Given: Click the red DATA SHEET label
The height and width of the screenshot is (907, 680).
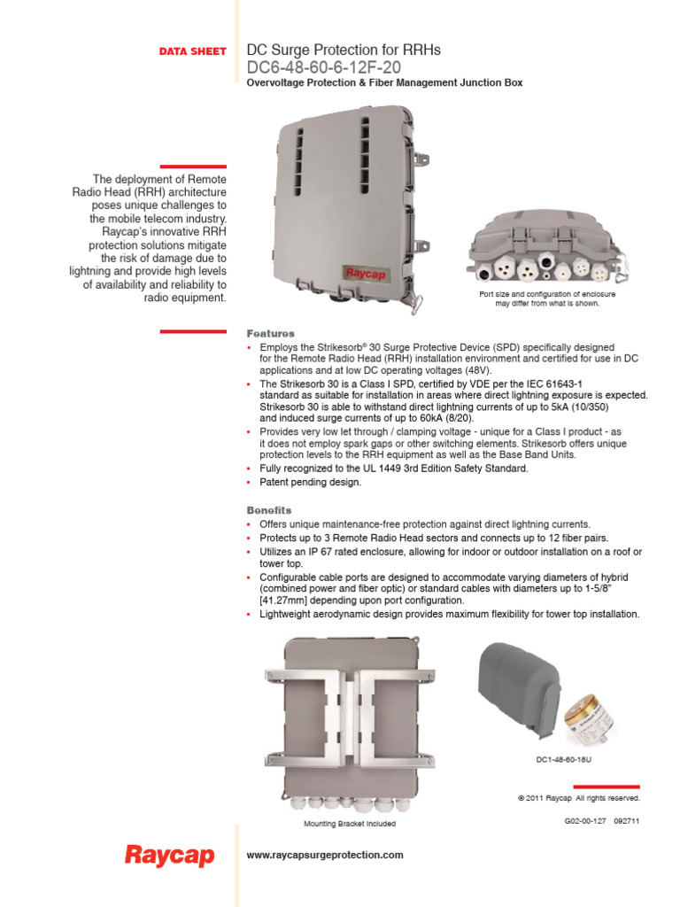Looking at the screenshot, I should (192, 52).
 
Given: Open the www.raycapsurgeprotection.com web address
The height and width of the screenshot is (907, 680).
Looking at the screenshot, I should (325, 855).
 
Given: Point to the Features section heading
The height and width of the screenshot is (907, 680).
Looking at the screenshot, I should (270, 333).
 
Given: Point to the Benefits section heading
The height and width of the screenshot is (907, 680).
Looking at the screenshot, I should (268, 510).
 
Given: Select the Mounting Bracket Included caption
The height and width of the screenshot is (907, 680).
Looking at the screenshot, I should (350, 823).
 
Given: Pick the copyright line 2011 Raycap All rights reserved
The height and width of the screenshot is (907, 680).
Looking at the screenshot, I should (578, 797).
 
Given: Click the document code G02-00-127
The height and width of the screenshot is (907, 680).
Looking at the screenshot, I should (585, 820).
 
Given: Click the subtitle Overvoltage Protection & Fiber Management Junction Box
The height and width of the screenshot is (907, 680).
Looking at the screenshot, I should (384, 83).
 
